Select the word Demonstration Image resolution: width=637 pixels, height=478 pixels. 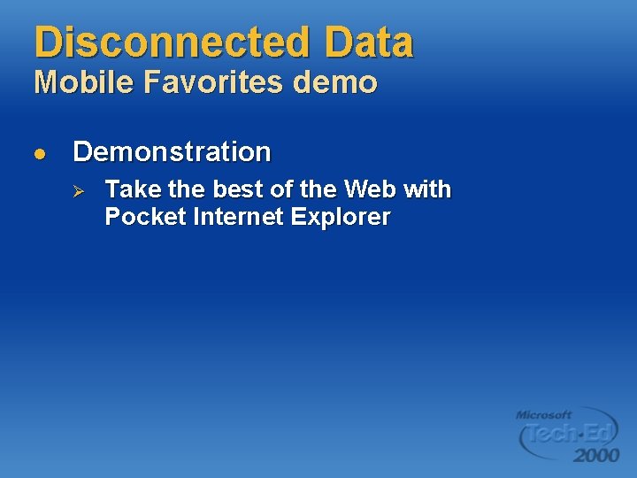coord(172,152)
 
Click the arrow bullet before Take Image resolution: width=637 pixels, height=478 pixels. coord(78,190)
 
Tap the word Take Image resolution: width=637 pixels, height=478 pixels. coord(129,189)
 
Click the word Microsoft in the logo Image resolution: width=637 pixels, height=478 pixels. coord(544,414)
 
